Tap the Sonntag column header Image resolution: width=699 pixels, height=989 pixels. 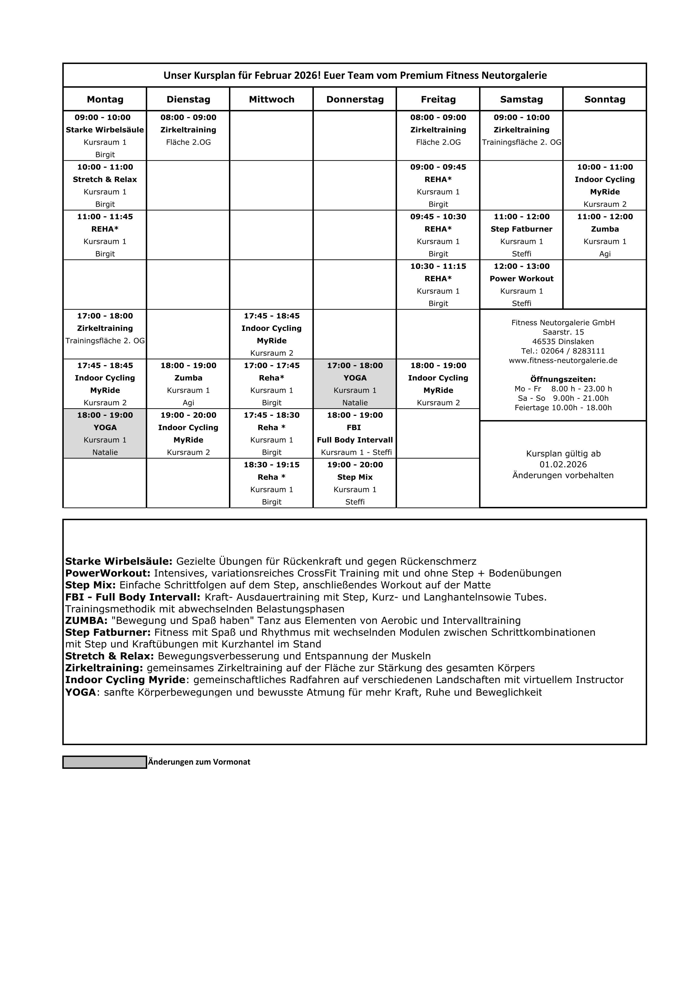[x=605, y=100]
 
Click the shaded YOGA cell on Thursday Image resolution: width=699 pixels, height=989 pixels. [x=355, y=383]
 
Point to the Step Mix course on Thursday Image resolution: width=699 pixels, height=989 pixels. [x=355, y=477]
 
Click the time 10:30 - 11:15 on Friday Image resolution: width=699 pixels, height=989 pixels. [x=438, y=266]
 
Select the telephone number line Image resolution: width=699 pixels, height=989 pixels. [x=563, y=351]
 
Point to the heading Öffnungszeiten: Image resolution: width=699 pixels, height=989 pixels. [x=563, y=379]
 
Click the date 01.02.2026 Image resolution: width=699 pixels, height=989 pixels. [x=563, y=464]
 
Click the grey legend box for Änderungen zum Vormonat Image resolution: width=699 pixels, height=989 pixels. [x=105, y=762]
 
